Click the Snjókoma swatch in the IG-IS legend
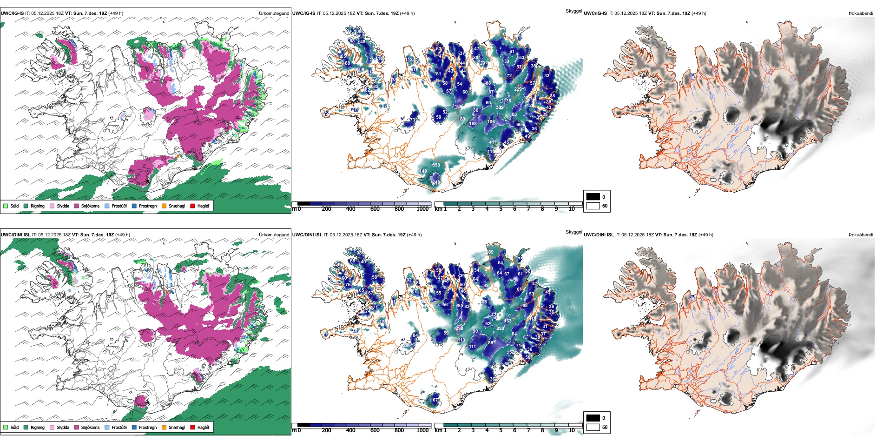coord(77,206)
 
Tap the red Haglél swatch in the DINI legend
coord(193,427)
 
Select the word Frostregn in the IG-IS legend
coord(148,206)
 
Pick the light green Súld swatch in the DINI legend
coord(6,427)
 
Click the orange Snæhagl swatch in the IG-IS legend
coord(164,206)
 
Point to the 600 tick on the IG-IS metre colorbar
coord(375,209)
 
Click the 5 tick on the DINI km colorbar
coord(501,430)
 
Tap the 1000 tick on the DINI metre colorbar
coord(422,430)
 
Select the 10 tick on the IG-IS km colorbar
coord(572,209)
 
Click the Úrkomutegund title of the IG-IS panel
coord(274,13)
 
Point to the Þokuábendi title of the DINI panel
coord(861,234)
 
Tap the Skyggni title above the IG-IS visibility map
coord(573,11)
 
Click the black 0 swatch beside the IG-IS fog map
coord(593,197)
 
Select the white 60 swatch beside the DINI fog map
coord(593,427)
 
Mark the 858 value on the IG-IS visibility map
coord(436,165)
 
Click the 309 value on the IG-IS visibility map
coord(500,107)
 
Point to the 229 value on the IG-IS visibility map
coord(518,89)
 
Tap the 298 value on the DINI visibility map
coord(459,328)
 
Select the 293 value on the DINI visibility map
coord(500,328)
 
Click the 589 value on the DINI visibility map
coord(490,252)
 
